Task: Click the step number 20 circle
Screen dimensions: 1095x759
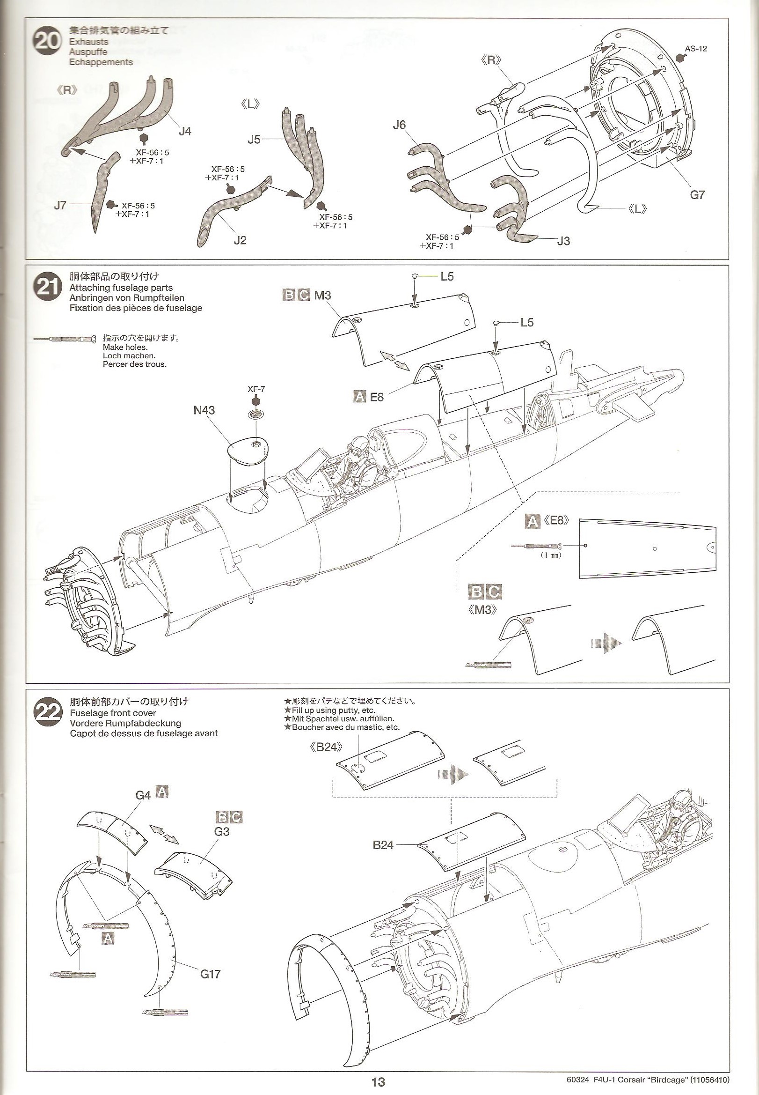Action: [48, 42]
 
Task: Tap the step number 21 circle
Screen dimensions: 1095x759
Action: [48, 288]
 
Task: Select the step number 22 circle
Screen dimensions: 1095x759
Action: [48, 712]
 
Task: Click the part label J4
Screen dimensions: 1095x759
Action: [184, 131]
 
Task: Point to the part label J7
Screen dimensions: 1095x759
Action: [60, 205]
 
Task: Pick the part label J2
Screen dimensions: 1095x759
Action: [240, 240]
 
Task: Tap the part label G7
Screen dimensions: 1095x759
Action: [697, 195]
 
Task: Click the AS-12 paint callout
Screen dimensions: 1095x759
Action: [696, 49]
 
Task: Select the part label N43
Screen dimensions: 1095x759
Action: [204, 410]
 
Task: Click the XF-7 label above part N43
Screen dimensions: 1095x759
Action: [256, 389]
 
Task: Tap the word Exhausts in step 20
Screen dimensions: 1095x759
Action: [88, 42]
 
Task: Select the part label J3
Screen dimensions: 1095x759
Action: [563, 241]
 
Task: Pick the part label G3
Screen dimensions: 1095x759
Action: [222, 831]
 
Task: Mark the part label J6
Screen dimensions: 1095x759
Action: [400, 125]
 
